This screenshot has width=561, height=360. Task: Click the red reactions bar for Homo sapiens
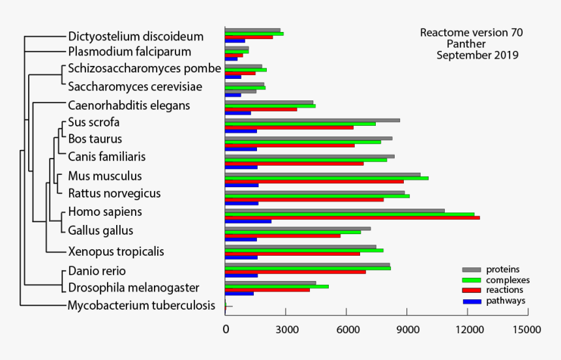pos(352,218)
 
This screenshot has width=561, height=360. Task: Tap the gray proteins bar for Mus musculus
pos(322,174)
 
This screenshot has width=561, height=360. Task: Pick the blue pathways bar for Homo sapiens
pos(248,222)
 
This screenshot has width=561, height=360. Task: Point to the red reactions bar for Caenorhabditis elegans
pos(261,109)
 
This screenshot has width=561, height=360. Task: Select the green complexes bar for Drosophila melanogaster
pos(277,286)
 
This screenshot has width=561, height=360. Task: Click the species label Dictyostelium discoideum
pos(136,37)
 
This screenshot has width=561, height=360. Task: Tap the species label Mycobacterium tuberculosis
pos(142,305)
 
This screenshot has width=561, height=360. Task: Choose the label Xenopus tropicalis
pos(116,252)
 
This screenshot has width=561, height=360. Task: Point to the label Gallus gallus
pos(100,230)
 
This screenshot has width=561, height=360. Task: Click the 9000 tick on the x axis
pos(407,330)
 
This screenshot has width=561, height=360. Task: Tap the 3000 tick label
pos(286,330)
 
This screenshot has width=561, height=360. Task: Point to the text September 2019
pos(477,55)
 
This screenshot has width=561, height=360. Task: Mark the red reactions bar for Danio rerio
pos(295,271)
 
